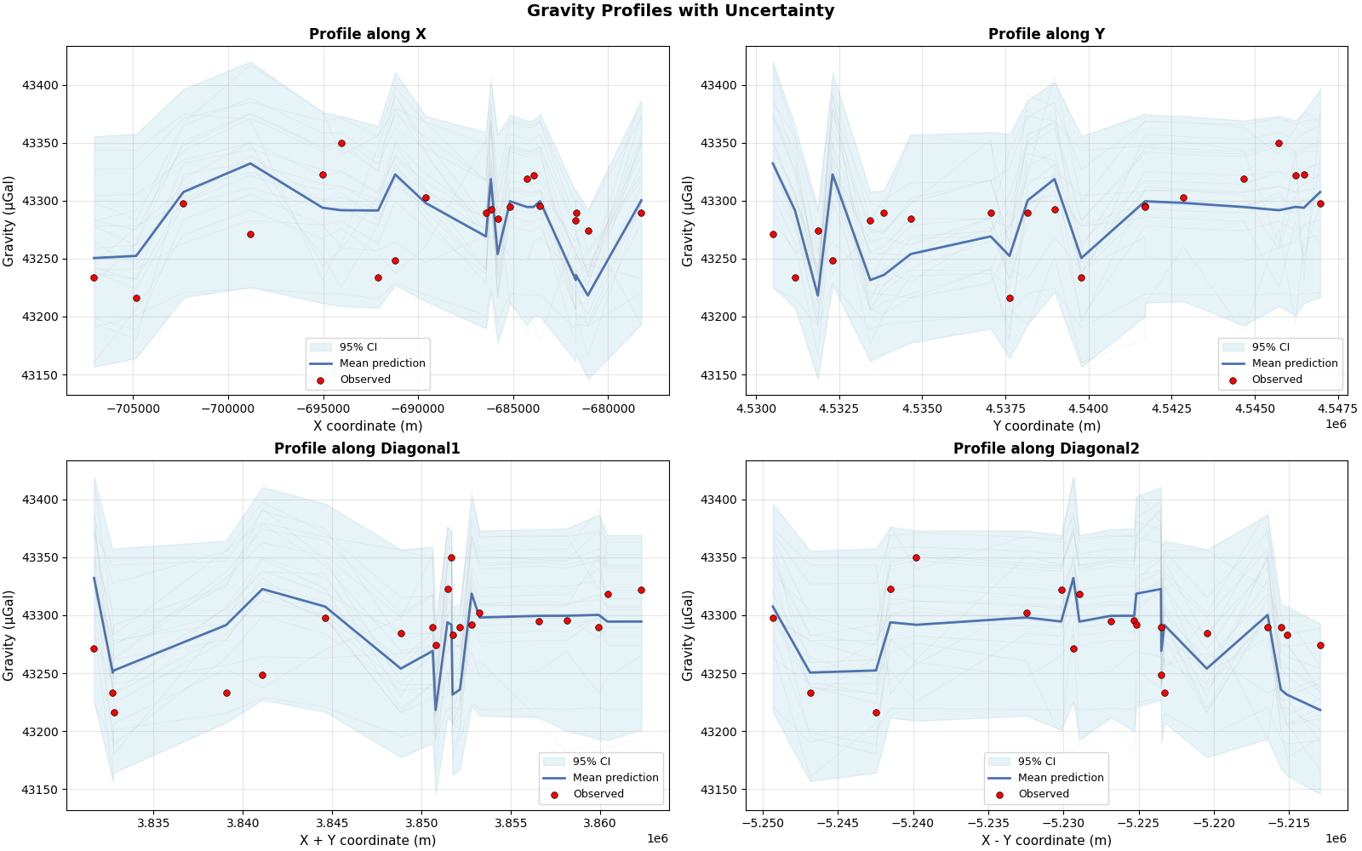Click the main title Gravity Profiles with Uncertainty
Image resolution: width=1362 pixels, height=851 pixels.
(680, 11)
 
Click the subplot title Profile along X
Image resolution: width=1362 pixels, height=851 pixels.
(367, 34)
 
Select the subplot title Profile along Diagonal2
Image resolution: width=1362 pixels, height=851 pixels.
(1045, 448)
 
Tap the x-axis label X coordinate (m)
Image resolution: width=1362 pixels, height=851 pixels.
(367, 425)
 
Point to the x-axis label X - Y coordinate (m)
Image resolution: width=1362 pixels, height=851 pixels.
(1045, 840)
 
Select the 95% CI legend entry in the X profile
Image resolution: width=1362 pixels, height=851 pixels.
(358, 347)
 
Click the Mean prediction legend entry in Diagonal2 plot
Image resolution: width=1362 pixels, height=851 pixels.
(1060, 778)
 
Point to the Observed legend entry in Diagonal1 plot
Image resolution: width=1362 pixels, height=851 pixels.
(598, 794)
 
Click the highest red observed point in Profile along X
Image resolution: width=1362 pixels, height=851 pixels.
(341, 143)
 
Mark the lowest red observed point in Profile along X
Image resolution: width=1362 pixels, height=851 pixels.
(136, 298)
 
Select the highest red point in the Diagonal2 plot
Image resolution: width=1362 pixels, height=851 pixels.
(916, 557)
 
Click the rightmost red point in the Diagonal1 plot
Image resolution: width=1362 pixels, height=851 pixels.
(641, 590)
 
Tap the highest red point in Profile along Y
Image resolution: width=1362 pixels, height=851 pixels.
(1279, 143)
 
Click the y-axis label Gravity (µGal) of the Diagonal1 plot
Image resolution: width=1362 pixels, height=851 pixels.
(9, 635)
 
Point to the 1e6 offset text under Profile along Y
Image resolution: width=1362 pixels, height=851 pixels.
(1336, 424)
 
